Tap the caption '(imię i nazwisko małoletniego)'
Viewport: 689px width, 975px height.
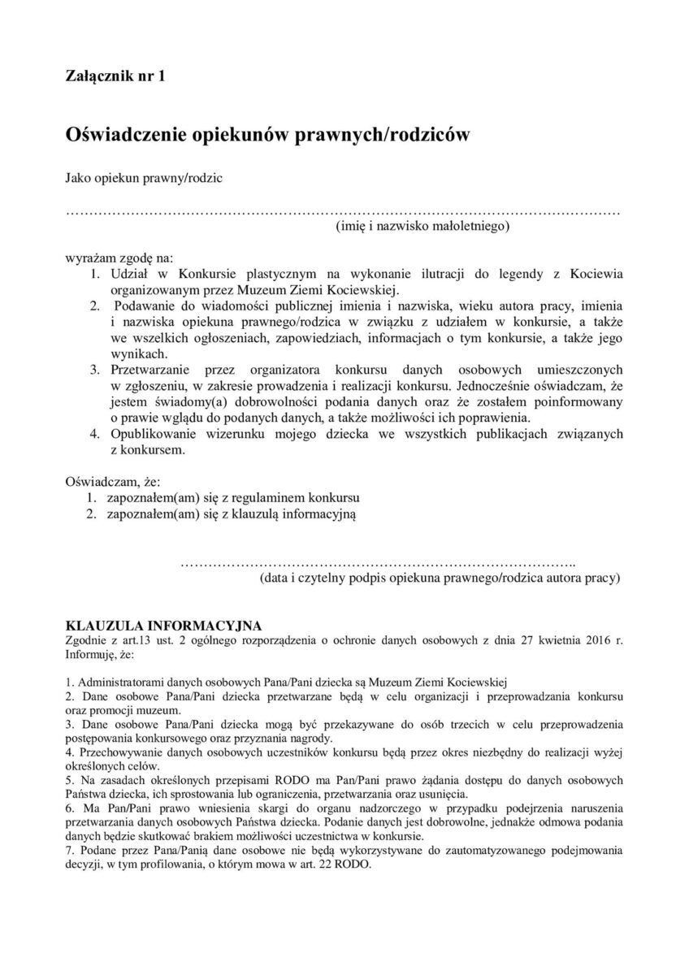click(x=422, y=227)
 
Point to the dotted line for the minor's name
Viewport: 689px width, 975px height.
click(x=342, y=212)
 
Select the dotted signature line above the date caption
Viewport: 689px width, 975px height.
click(x=377, y=562)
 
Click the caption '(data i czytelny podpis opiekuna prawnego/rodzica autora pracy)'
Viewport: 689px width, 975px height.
click(x=440, y=578)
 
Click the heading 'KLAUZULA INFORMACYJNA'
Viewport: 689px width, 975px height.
click(x=162, y=626)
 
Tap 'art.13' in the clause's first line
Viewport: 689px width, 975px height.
click(x=137, y=639)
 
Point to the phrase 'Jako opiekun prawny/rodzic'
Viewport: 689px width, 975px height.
click(x=144, y=176)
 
